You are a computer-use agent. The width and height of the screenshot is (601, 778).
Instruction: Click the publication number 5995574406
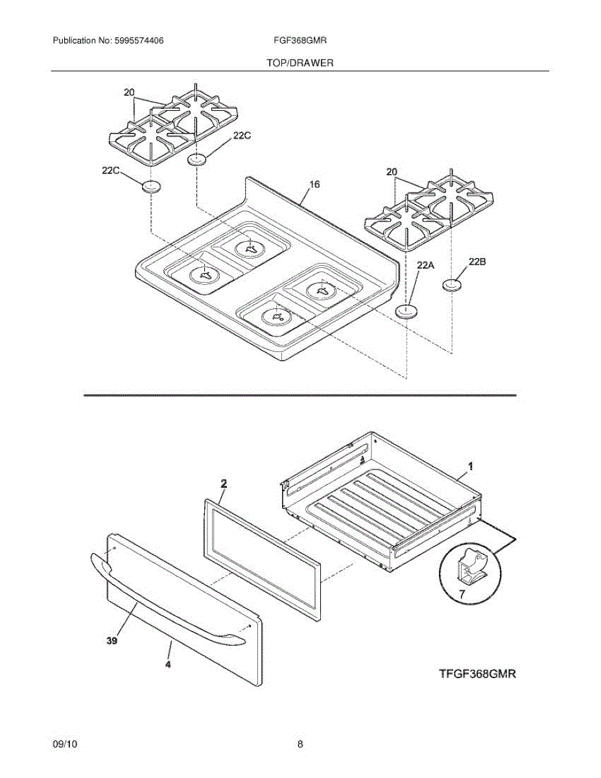[138, 40]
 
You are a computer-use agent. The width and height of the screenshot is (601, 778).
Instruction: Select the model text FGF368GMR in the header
[300, 40]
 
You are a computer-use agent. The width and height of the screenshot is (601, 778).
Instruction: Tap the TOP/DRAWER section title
[300, 63]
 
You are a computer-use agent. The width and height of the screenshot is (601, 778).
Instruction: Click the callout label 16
[314, 185]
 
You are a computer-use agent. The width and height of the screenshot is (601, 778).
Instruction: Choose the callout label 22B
[477, 261]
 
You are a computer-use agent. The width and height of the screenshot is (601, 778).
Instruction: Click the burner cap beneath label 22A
[406, 312]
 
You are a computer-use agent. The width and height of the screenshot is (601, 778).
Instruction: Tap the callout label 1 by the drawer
[471, 466]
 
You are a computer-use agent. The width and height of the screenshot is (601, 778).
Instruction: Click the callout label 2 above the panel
[223, 483]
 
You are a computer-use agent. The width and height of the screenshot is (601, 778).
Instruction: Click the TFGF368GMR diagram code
[477, 674]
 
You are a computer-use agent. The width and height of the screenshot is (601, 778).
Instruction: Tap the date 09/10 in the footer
[65, 744]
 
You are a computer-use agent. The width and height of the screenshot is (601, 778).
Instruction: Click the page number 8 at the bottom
[300, 744]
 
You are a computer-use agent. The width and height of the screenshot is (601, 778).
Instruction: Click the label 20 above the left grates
[129, 93]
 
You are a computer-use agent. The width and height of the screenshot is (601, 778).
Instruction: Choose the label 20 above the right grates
[391, 172]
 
